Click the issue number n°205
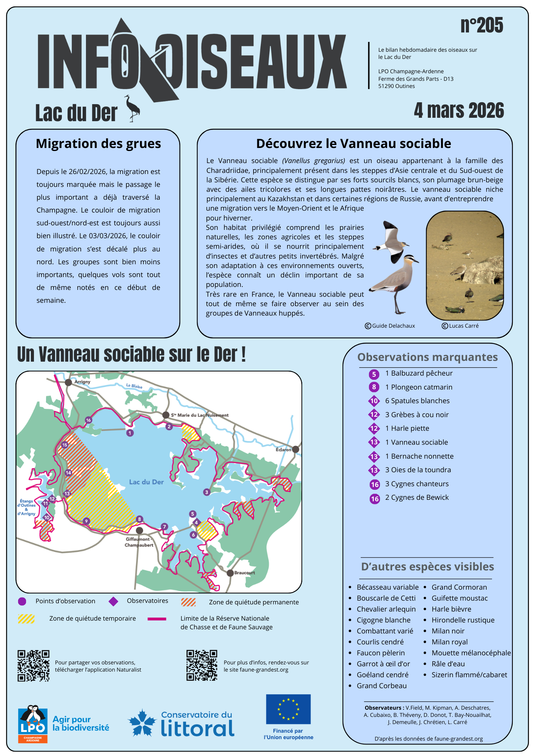[x=481, y=26]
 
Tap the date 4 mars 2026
[x=459, y=111]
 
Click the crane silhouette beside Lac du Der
[x=132, y=109]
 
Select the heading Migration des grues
[x=98, y=144]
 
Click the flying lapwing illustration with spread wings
[x=391, y=242]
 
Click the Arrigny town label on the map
[x=82, y=382]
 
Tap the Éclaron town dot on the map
[x=295, y=449]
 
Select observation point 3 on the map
[x=206, y=492]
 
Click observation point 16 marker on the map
[x=88, y=420]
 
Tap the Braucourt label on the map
[x=244, y=573]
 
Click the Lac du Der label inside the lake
[x=146, y=482]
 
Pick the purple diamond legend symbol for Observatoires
[x=113, y=601]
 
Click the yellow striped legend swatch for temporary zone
[x=26, y=619]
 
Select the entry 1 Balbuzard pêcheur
[x=418, y=373]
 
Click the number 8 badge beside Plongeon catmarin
[x=374, y=387]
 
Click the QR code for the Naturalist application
[x=33, y=666]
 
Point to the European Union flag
[x=288, y=709]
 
